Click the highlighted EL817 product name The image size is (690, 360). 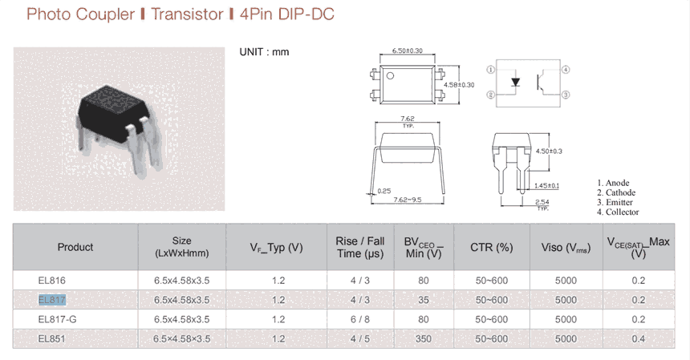point(52,300)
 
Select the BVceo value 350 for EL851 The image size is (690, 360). point(424,339)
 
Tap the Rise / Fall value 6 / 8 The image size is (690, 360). point(360,320)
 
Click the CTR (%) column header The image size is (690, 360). point(492,248)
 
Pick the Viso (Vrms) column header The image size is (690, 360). point(566,248)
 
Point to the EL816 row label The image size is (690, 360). point(51,281)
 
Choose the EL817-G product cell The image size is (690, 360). point(57,320)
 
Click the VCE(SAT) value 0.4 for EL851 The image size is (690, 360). point(638,339)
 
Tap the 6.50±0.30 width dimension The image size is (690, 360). point(408,51)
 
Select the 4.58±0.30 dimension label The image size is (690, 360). point(459,85)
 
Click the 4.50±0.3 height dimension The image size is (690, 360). point(549,152)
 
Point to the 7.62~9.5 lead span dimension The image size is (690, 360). point(408,200)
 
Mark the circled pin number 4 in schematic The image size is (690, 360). point(566,70)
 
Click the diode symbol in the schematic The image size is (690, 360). point(515,83)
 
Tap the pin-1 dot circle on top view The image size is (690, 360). point(390,75)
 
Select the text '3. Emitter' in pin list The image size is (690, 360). point(615,202)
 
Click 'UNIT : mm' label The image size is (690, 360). point(264,52)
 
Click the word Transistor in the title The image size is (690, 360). point(188,14)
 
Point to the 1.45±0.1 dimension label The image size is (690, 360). point(546,186)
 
